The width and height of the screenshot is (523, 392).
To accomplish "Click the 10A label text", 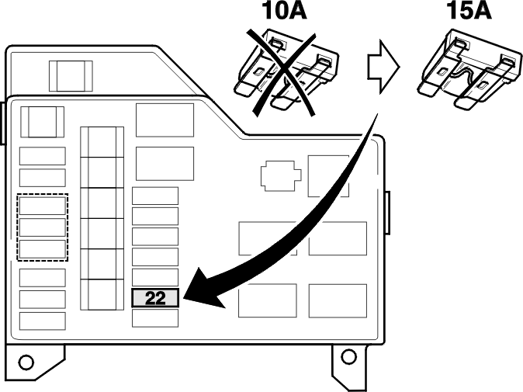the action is click(x=285, y=10).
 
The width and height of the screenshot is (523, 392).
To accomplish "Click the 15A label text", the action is click(x=469, y=10).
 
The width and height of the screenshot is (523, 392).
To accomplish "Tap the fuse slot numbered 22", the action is click(x=155, y=298).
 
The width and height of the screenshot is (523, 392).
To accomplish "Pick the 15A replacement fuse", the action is click(x=469, y=69).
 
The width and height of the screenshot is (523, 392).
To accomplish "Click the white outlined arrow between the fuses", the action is click(x=383, y=67).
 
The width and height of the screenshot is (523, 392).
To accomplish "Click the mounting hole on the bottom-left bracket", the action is click(x=26, y=362).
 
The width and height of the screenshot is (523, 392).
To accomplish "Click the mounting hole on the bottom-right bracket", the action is click(x=349, y=356).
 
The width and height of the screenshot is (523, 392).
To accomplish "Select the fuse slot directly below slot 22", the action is click(x=155, y=318).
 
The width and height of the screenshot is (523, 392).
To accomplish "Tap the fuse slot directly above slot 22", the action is click(x=155, y=277).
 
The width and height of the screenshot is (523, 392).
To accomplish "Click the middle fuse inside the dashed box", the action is click(x=43, y=227).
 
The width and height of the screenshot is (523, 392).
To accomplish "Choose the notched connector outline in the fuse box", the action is click(x=281, y=175).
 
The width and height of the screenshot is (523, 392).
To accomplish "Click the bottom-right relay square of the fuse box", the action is click(x=338, y=300).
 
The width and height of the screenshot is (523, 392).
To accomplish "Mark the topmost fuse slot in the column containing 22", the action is click(x=155, y=196).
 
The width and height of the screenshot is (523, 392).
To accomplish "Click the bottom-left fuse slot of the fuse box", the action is click(x=43, y=321).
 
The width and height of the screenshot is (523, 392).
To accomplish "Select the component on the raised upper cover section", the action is click(x=71, y=76).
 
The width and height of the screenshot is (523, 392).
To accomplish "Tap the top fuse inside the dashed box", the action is click(x=43, y=206).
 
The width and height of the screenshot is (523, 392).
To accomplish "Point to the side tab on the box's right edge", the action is click(x=388, y=213).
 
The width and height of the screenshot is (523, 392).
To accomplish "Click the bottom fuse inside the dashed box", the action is click(x=43, y=249).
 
